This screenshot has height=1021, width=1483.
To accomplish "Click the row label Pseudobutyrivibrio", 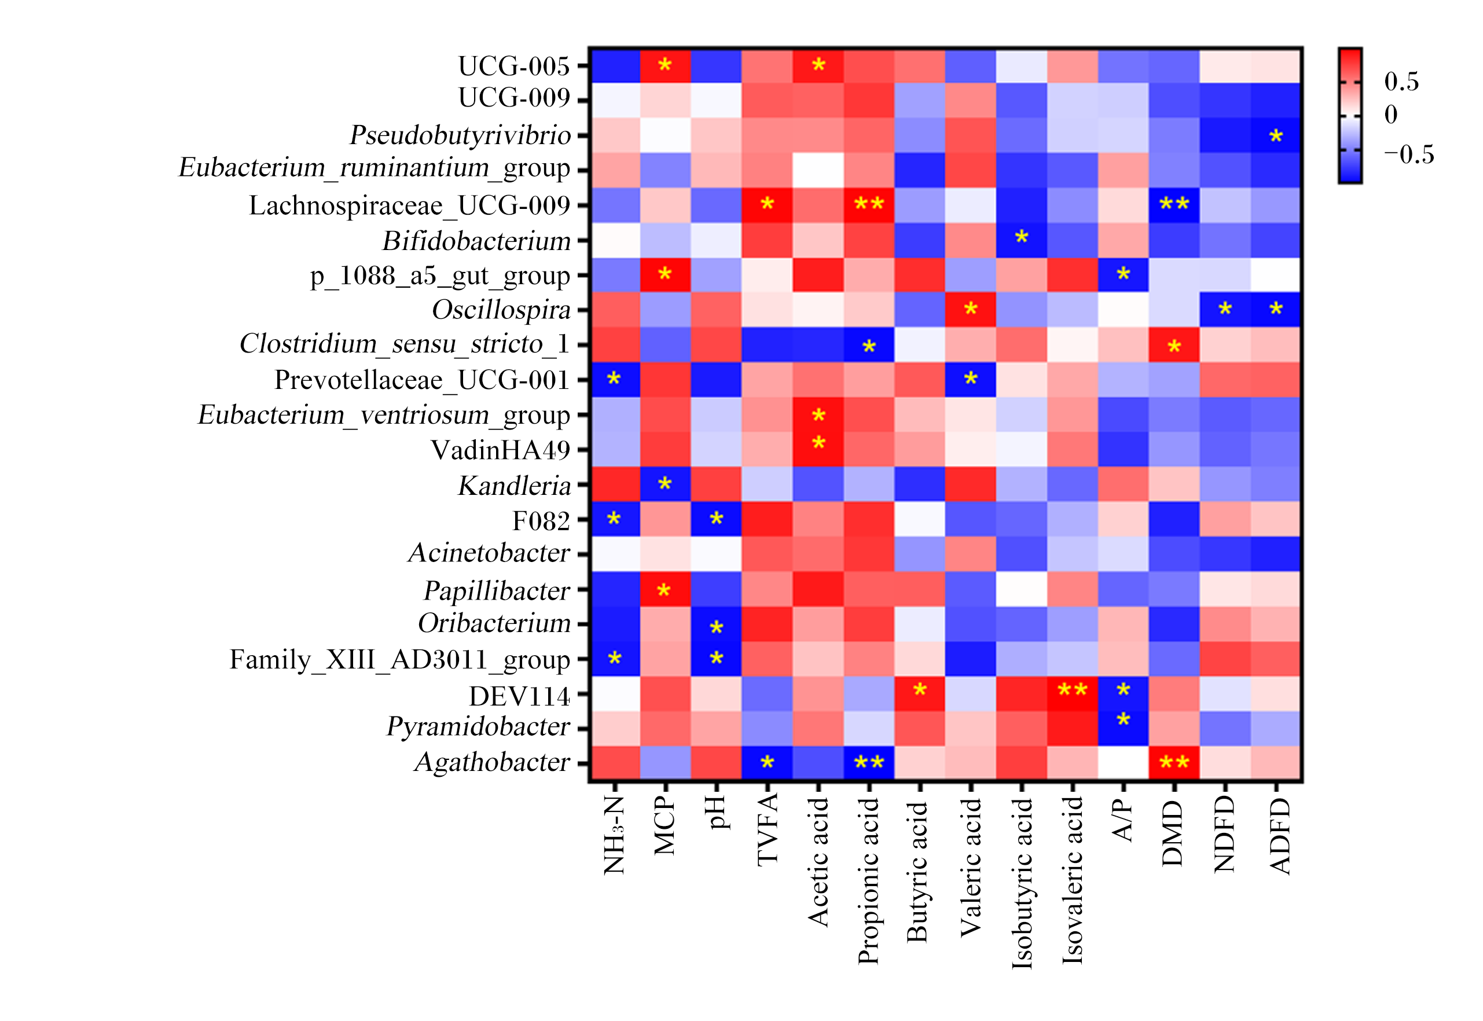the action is [x=460, y=135].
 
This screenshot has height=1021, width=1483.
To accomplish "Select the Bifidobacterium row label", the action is [x=476, y=241].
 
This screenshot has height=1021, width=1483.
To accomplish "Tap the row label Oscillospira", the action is [x=501, y=310].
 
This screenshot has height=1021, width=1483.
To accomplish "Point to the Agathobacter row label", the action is [x=492, y=762].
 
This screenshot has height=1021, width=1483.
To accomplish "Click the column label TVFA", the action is [x=767, y=830].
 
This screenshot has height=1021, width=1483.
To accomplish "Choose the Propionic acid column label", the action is [x=868, y=881].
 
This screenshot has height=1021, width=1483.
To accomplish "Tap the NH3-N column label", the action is [x=614, y=835].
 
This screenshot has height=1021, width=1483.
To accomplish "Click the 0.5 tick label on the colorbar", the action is [x=1401, y=81].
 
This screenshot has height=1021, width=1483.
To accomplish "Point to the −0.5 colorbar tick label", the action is [x=1409, y=154].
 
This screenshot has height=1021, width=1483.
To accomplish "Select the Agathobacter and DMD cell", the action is [x=1174, y=763].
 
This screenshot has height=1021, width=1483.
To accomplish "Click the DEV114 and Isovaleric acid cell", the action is [x=1072, y=693].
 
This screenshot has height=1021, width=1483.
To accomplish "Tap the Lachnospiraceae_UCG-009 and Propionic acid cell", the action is [x=869, y=205].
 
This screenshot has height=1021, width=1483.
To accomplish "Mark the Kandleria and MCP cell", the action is [x=665, y=484].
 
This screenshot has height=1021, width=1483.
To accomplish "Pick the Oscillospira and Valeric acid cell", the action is [x=971, y=310].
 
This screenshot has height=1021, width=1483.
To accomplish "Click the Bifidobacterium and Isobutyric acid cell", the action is [x=1022, y=240].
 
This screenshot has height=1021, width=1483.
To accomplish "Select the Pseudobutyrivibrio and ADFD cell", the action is [x=1276, y=135].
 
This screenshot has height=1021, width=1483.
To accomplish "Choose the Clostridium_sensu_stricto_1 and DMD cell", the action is [x=1174, y=345].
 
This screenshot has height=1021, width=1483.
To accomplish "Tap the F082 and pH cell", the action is [x=717, y=519].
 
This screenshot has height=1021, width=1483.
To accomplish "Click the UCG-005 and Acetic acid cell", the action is [x=818, y=65].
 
